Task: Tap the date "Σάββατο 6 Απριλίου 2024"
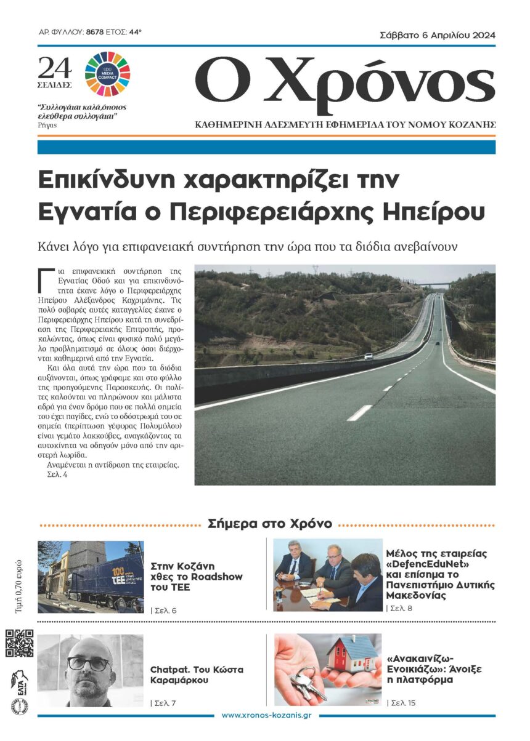[438, 36]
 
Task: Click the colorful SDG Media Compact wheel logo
[107, 73]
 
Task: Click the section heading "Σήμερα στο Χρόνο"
[270, 524]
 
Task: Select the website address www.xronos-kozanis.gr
[266, 715]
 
